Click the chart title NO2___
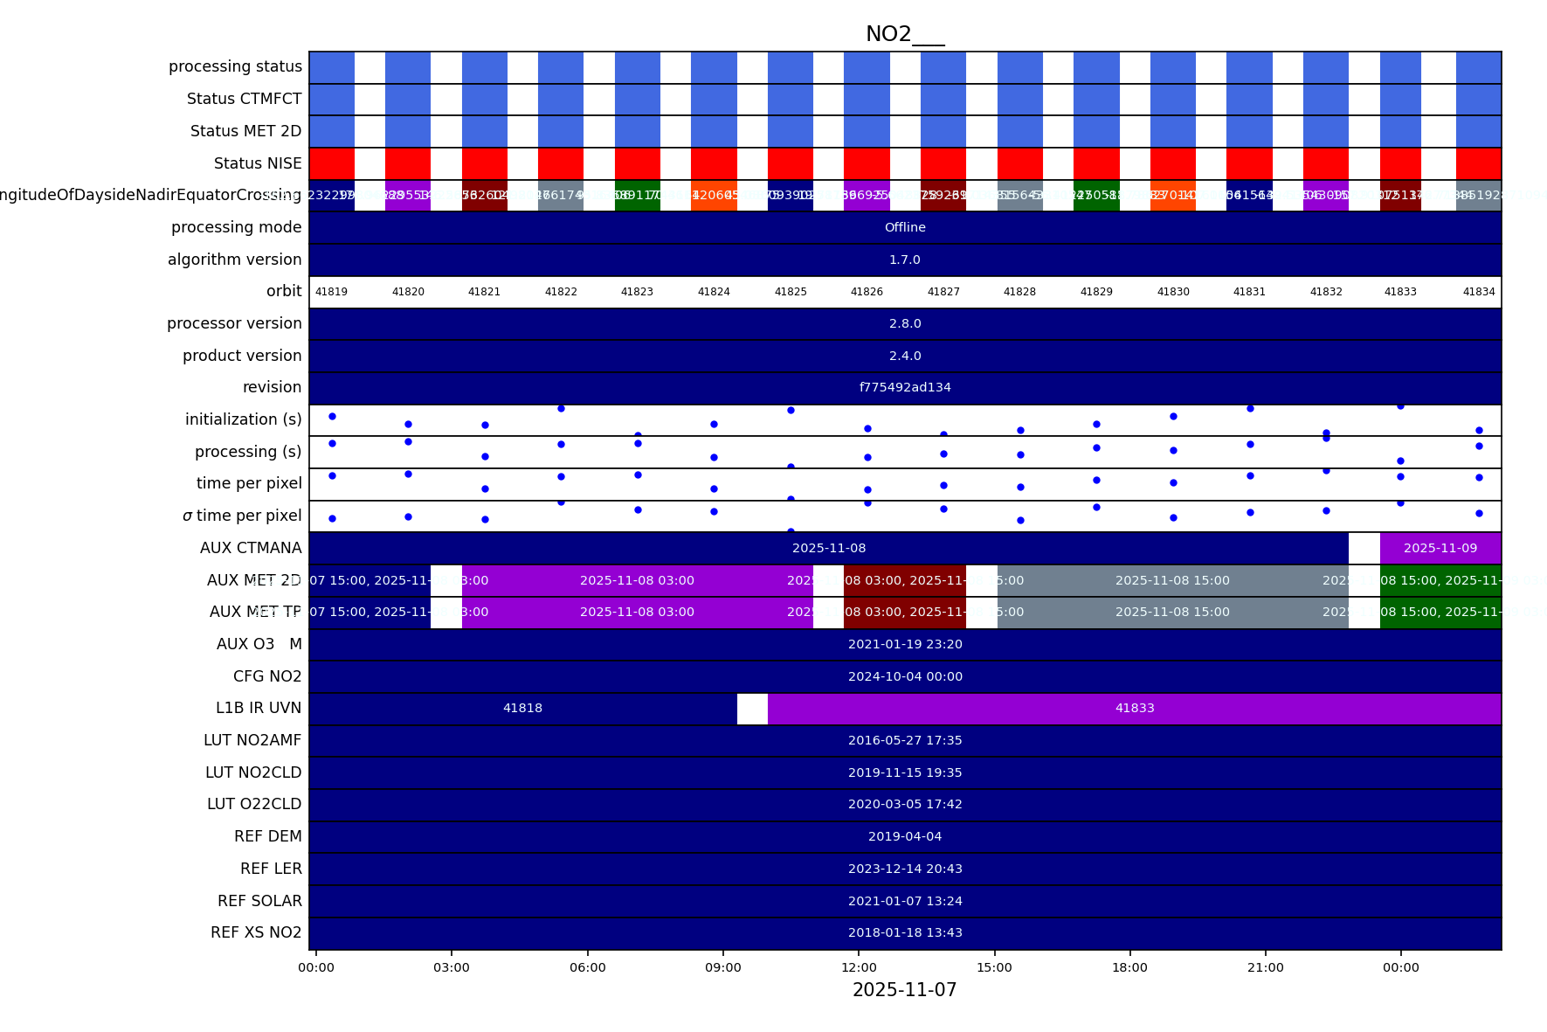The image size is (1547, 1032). [x=904, y=34]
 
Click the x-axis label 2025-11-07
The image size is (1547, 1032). [x=904, y=990]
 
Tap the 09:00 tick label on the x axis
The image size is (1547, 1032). [x=723, y=967]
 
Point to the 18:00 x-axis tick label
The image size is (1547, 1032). [x=1129, y=967]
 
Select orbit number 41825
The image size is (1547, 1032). [x=791, y=292]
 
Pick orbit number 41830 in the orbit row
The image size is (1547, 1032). [x=1173, y=292]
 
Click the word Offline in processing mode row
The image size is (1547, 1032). [x=905, y=227]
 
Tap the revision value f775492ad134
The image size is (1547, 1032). [x=905, y=387]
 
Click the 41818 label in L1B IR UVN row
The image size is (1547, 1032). [x=522, y=708]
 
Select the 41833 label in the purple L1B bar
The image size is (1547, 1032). [x=1135, y=708]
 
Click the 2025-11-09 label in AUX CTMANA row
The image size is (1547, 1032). [x=1440, y=548]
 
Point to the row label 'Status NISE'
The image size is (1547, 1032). [x=258, y=163]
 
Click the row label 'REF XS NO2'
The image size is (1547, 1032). [x=256, y=932]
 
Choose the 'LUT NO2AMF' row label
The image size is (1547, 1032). [x=252, y=740]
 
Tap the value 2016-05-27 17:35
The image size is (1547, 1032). [x=905, y=740]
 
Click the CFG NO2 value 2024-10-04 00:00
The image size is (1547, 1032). [x=905, y=676]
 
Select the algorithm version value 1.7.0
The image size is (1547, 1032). [x=905, y=260]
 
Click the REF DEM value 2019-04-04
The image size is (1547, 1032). [x=905, y=836]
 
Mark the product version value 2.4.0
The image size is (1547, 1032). [x=905, y=356]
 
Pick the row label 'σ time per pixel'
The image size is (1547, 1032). [x=242, y=516]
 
